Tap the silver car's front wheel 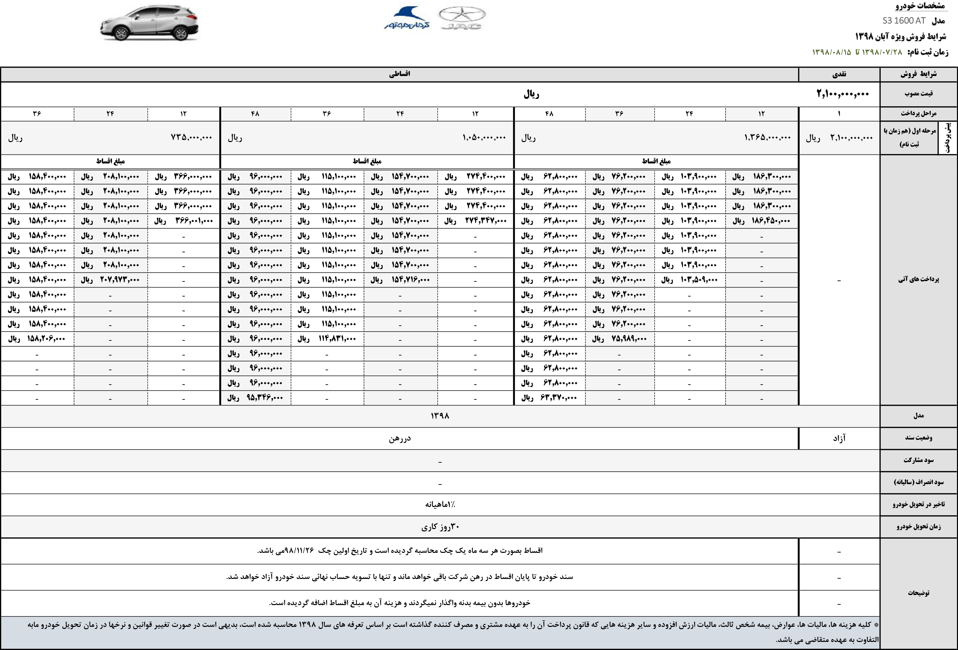121,34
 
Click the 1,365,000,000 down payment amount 767,138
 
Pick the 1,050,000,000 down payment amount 484,138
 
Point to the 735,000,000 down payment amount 191,138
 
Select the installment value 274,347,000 486,221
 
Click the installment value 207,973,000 120,280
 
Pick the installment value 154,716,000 411,280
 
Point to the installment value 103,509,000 699,280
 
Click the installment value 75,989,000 629,339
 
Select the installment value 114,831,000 337,339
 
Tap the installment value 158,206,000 47,339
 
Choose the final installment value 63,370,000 559,398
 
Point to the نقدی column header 839,74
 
